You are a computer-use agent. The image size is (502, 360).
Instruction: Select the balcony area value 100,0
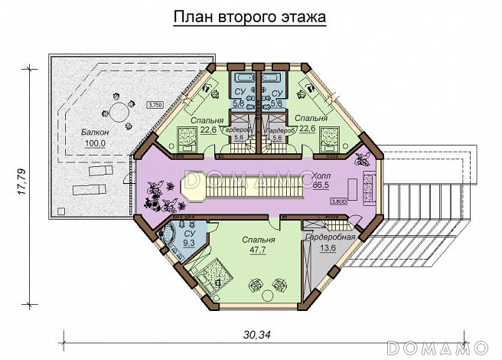[94, 143]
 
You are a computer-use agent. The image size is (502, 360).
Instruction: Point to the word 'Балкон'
[94, 133]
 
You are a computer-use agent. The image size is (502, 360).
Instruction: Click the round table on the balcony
[120, 113]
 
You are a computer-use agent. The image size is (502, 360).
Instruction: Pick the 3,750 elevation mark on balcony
[155, 103]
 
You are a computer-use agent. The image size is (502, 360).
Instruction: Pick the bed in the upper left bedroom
[187, 139]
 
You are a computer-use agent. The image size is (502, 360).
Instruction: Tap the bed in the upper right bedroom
[331, 139]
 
